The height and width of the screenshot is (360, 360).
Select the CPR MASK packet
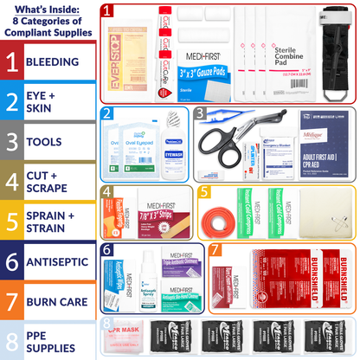click(x=122, y=338)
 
